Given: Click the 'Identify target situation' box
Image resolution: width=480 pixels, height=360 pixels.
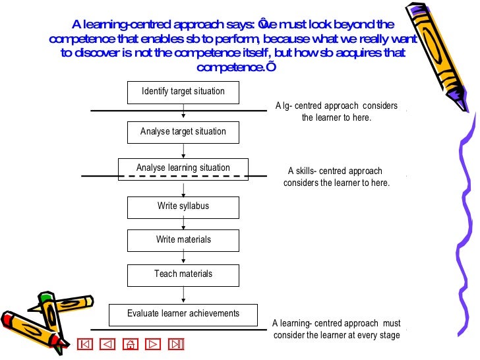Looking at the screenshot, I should (x=183, y=92).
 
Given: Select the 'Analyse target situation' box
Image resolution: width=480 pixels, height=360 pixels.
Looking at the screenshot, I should (x=183, y=133).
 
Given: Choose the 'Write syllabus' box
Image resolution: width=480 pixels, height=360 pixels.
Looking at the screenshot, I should (x=183, y=207).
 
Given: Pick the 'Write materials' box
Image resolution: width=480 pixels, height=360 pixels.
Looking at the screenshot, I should (x=183, y=241).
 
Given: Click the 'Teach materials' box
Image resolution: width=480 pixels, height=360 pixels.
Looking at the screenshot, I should (x=183, y=274).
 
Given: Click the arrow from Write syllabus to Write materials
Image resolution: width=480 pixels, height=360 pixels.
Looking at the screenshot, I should (x=183, y=224).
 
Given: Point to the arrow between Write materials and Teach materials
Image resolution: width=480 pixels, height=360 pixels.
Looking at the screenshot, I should (x=183, y=258).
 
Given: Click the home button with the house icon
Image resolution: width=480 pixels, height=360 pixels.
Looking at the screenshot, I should (x=131, y=344).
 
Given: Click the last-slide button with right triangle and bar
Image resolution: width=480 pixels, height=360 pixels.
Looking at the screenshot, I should (x=175, y=344).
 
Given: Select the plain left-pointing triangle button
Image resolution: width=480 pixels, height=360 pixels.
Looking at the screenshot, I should (x=109, y=344).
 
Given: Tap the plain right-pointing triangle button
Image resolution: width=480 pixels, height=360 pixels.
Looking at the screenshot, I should (x=153, y=344).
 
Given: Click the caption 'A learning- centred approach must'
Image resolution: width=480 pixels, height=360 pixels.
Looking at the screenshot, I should (x=336, y=324).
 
